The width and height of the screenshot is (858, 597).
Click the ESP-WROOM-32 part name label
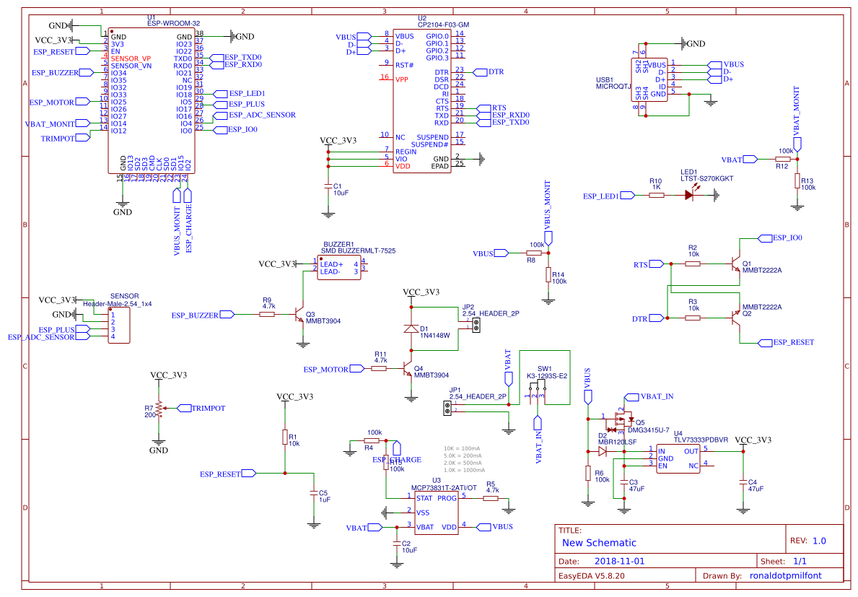173,23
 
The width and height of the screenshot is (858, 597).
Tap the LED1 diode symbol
689,195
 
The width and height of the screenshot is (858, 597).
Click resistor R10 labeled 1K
656,195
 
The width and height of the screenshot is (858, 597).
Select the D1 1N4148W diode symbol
411,328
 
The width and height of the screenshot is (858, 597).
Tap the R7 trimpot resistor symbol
158,410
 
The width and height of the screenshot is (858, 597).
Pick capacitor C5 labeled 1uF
313,494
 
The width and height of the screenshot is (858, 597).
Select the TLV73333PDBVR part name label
701,439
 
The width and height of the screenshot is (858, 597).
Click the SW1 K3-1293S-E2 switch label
546,375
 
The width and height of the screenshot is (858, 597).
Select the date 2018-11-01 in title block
619,560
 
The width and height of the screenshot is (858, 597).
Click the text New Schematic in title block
599,543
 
